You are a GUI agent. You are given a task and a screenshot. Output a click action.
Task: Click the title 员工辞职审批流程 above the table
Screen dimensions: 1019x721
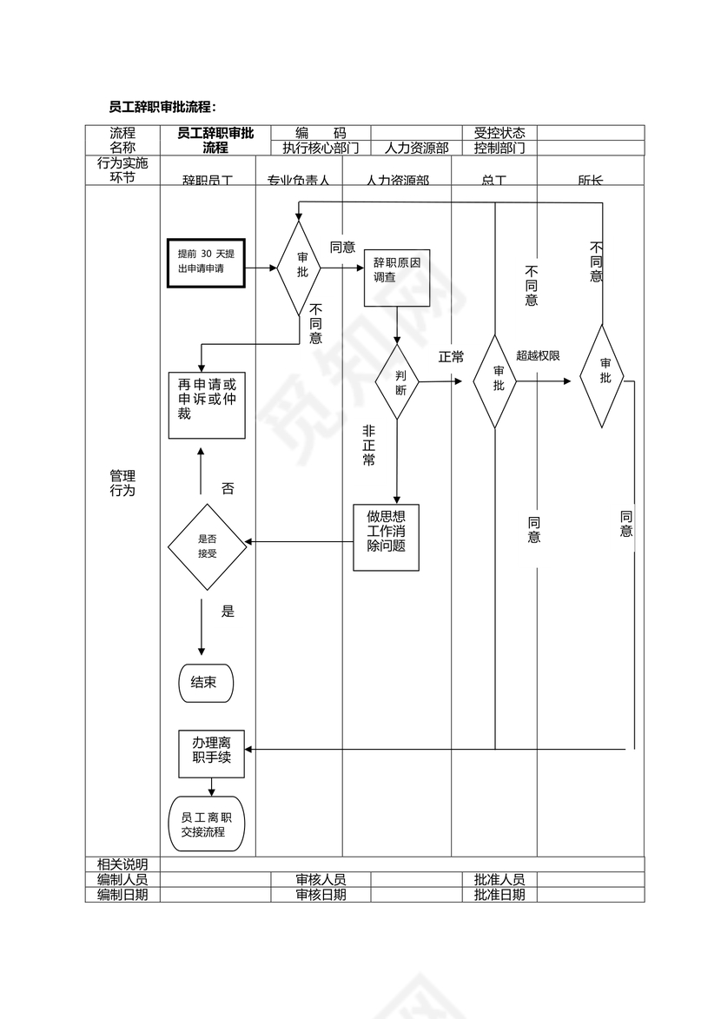pyautogui.click(x=162, y=107)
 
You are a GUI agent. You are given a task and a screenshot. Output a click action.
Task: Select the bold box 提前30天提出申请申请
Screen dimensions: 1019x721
pyautogui.click(x=206, y=261)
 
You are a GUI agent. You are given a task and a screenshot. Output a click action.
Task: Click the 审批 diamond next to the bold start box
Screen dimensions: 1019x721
pyautogui.click(x=298, y=268)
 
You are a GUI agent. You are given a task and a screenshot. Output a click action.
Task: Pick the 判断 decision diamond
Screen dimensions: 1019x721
pyautogui.click(x=397, y=382)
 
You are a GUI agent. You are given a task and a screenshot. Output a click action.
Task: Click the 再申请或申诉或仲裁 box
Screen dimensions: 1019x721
pyautogui.click(x=207, y=405)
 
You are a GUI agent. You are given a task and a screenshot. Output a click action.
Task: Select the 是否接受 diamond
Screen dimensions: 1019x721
pyautogui.click(x=207, y=546)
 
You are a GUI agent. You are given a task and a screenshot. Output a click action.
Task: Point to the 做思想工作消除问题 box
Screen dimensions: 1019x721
pyautogui.click(x=386, y=538)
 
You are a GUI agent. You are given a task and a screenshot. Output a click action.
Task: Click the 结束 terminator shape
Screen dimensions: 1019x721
pyautogui.click(x=207, y=683)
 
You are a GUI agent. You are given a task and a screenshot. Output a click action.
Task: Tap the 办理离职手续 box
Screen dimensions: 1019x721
pyautogui.click(x=211, y=753)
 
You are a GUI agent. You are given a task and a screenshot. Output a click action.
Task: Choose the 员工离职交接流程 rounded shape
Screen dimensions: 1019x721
pyautogui.click(x=207, y=824)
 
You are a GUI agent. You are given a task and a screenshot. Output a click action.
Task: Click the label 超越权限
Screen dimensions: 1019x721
pyautogui.click(x=538, y=355)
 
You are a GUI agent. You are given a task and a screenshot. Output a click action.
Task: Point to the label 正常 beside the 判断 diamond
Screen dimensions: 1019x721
pyautogui.click(x=451, y=357)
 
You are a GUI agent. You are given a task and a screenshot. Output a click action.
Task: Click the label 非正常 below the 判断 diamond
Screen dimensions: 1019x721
pyautogui.click(x=368, y=445)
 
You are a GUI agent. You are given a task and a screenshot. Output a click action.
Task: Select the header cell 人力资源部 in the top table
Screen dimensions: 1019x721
pyautogui.click(x=416, y=148)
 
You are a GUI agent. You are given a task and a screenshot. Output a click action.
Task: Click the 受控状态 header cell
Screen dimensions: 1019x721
pyautogui.click(x=499, y=133)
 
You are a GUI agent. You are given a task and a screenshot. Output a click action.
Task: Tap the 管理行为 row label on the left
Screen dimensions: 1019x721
pyautogui.click(x=122, y=483)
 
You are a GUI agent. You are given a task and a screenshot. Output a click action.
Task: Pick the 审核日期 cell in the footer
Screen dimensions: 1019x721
pyautogui.click(x=321, y=895)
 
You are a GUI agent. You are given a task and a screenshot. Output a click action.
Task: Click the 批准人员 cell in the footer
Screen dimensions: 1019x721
pyautogui.click(x=499, y=879)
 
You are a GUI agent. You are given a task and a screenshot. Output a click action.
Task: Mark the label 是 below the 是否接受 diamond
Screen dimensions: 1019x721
pyautogui.click(x=228, y=612)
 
